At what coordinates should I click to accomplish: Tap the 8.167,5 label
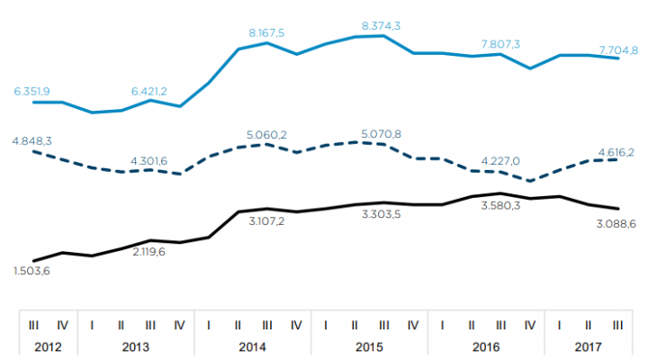266,32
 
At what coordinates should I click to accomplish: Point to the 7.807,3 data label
499,43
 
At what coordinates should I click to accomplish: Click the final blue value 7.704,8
618,49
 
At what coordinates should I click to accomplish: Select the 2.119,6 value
148,251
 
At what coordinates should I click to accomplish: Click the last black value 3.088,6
617,222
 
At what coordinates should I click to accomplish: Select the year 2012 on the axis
47,346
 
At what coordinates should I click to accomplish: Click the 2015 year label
369,346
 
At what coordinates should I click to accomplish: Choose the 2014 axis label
251,346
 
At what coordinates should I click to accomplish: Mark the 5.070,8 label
382,134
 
